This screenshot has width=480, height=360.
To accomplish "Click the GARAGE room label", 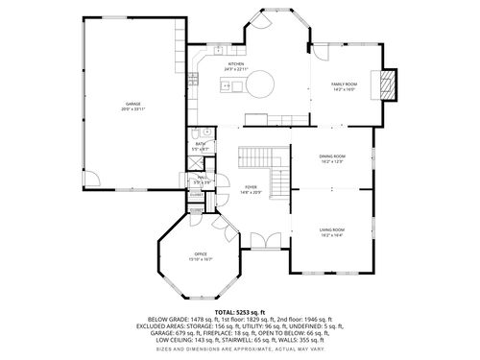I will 132,103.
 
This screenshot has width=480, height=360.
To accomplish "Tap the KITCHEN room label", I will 236,64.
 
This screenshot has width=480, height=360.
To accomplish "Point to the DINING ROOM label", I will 332,156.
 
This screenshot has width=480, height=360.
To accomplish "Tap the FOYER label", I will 251,188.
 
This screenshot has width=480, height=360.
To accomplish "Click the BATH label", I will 201,144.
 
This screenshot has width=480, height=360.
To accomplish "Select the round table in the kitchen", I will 262,87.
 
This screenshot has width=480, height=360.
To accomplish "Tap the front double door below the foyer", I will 263,241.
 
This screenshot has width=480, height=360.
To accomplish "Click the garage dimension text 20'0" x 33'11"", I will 132,108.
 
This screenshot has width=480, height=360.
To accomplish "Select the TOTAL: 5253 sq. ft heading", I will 239,312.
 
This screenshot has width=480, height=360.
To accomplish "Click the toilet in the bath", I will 206,133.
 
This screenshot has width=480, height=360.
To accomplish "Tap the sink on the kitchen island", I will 227,86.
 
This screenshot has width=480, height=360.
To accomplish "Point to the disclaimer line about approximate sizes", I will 239,349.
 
